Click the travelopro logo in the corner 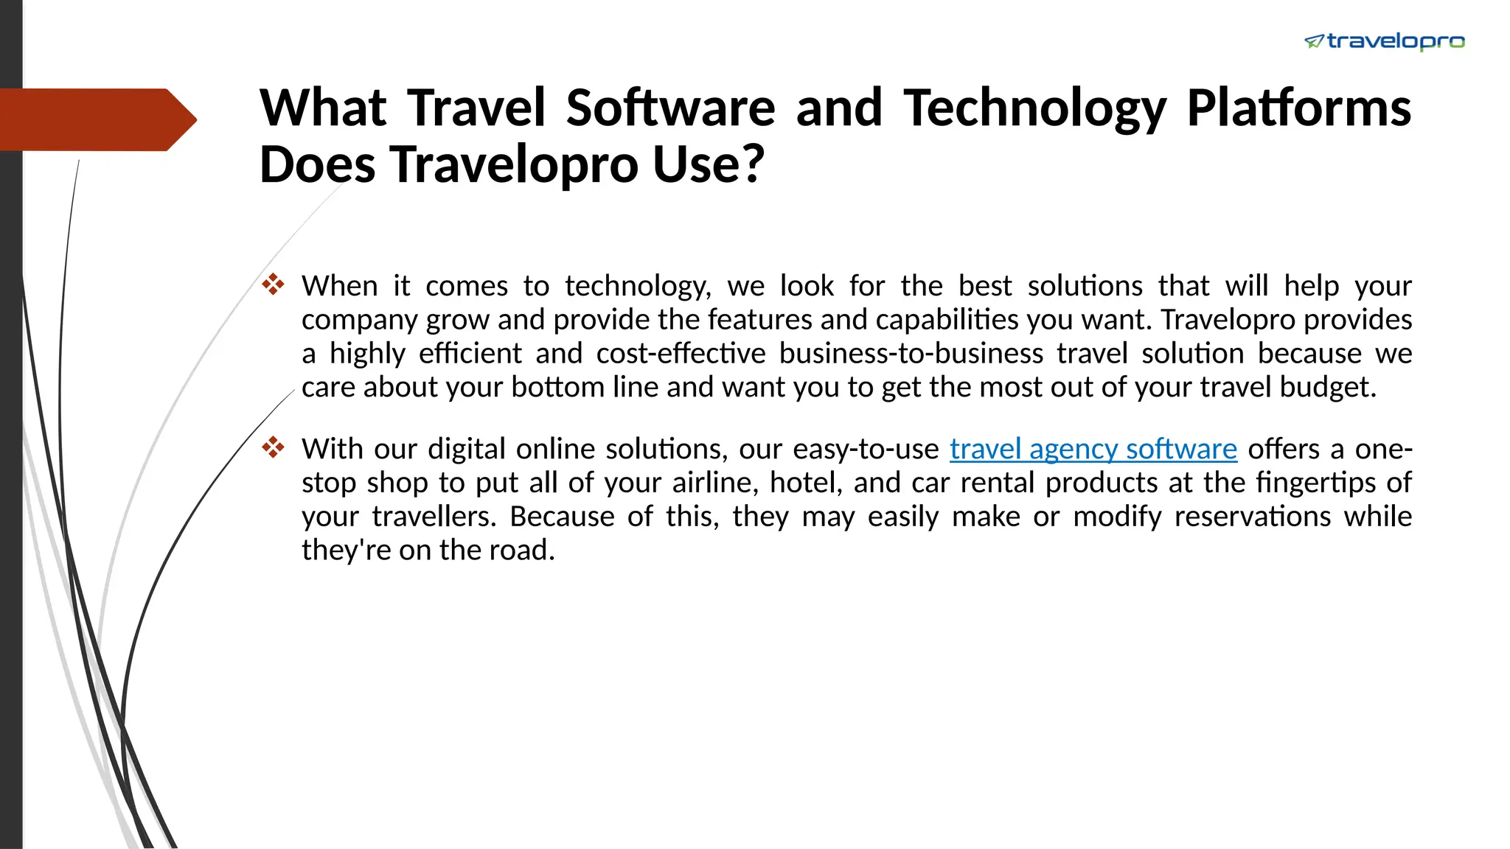point(1385,41)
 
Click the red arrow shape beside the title point(96,119)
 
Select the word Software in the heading point(670,108)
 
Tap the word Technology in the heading point(1035,108)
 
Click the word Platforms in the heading point(1298,108)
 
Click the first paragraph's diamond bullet point(273,284)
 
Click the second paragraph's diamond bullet point(273,447)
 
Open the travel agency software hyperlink point(1093,449)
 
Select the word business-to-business point(911,354)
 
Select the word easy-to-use point(866,449)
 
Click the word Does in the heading point(318,164)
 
